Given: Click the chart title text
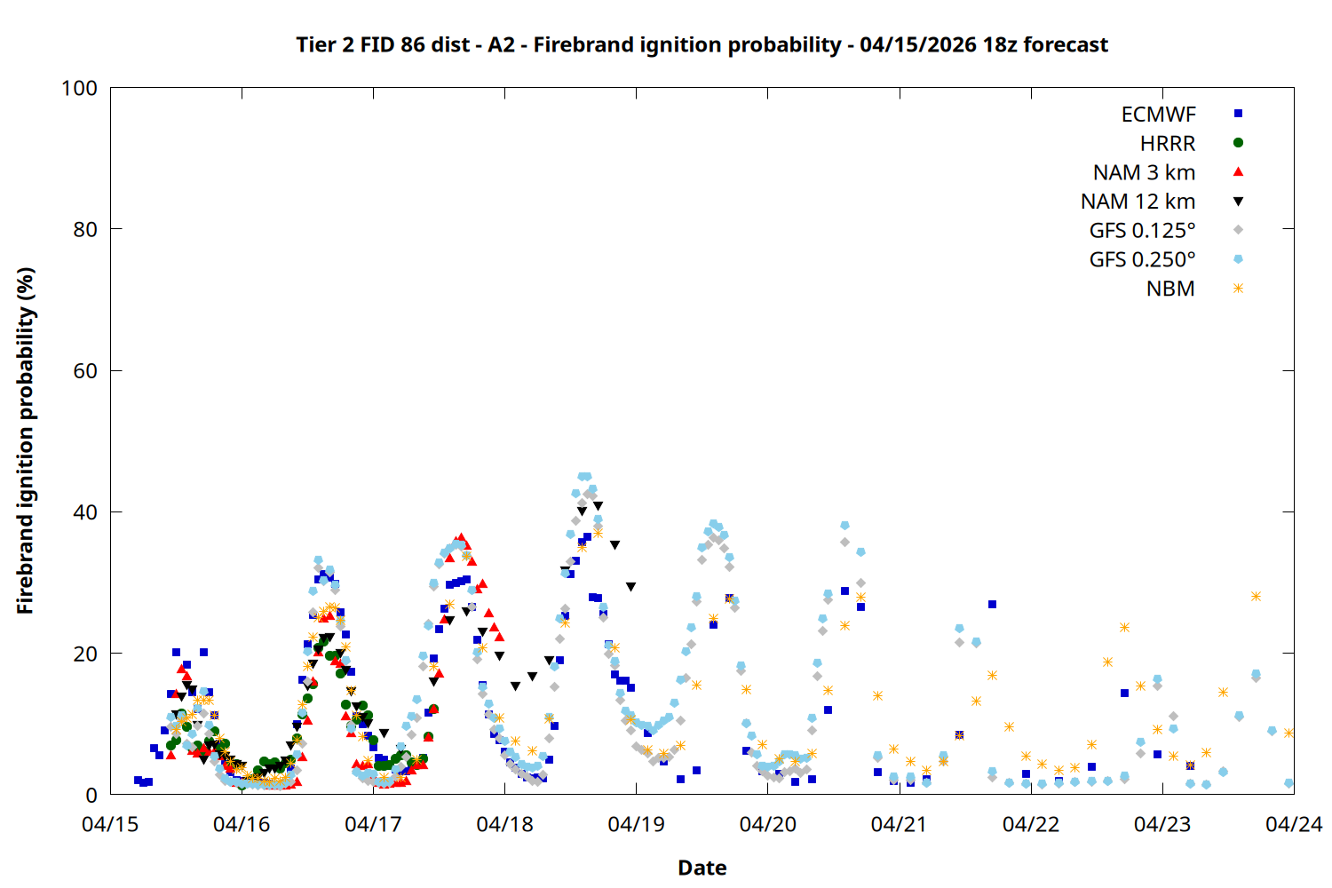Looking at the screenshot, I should (702, 44).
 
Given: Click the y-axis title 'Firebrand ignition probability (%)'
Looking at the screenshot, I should (26, 440).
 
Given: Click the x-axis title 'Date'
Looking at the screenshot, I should (702, 868).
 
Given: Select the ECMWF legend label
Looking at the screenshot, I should (1158, 115).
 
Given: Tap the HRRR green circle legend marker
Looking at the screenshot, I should (1238, 143).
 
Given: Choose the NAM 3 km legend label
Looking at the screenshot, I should (1144, 172).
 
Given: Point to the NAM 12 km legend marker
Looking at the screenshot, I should (1238, 202).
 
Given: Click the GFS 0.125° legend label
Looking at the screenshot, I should (1142, 231).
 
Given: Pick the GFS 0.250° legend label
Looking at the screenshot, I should (1142, 260).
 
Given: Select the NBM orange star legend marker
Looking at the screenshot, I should (1238, 289).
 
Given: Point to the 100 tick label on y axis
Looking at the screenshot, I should (79, 89).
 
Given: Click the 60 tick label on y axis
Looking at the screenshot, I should (85, 371).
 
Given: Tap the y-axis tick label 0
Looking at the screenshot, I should (91, 796).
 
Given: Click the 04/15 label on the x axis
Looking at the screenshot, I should (110, 825).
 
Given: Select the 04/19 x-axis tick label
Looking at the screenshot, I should (636, 825).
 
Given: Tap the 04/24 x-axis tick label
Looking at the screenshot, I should (1293, 825).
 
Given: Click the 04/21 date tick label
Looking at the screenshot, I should (899, 825).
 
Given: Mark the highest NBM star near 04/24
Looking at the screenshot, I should (1256, 597).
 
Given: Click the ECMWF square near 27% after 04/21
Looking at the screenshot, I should (992, 605).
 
